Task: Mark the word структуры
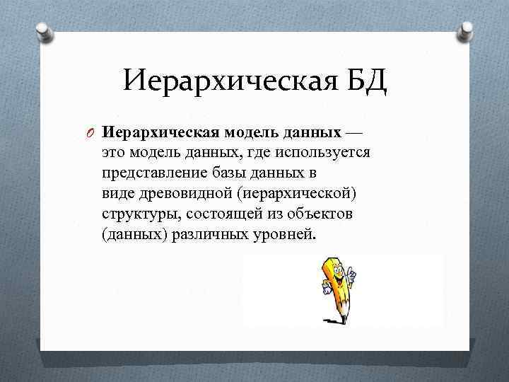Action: [136, 214]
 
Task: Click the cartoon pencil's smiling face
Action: [337, 274]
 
